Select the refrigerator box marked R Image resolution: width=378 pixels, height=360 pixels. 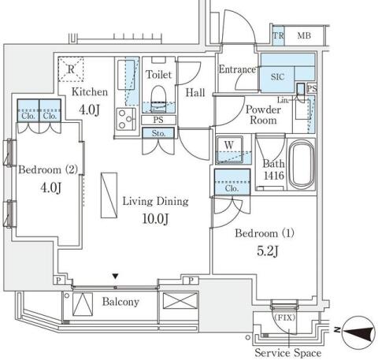pyautogui.click(x=71, y=69)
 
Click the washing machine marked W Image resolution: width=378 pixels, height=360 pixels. pyautogui.click(x=229, y=150)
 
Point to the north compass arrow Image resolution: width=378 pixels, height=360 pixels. pyautogui.click(x=358, y=332)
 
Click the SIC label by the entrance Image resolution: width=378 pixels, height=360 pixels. pyautogui.click(x=277, y=77)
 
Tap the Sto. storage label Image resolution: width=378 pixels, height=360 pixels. pyautogui.click(x=158, y=133)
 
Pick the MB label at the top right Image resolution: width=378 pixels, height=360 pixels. pyautogui.click(x=304, y=35)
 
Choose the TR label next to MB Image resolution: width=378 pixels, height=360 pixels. pyautogui.click(x=278, y=35)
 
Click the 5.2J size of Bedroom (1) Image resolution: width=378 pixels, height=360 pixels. pyautogui.click(x=268, y=251)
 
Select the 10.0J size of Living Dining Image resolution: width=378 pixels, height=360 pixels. pyautogui.click(x=155, y=218)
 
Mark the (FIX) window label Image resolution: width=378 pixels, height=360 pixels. pyautogui.click(x=285, y=317)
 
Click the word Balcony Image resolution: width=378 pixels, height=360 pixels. pyautogui.click(x=120, y=302)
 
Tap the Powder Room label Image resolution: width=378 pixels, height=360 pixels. pyautogui.click(x=263, y=115)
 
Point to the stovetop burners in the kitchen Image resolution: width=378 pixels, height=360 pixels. pyautogui.click(x=125, y=119)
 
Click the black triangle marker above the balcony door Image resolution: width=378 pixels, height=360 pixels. pyautogui.click(x=115, y=276)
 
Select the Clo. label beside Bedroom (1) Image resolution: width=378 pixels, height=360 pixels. pyautogui.click(x=232, y=188)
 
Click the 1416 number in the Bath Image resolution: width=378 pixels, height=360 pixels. pyautogui.click(x=274, y=176)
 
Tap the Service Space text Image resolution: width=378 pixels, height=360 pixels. pyautogui.click(x=288, y=353)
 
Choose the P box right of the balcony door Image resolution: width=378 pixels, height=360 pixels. pyautogui.click(x=191, y=280)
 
